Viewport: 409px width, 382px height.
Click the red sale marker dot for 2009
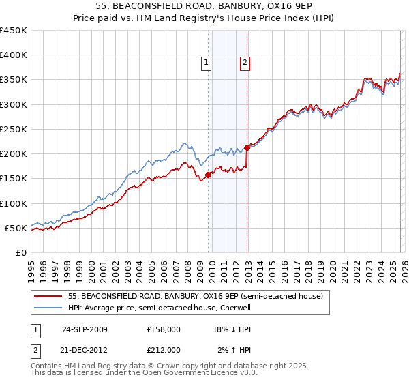[208, 175]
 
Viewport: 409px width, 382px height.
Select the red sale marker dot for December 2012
[247, 147]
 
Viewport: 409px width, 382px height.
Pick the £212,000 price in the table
[164, 350]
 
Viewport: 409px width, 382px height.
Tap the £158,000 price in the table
[164, 329]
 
